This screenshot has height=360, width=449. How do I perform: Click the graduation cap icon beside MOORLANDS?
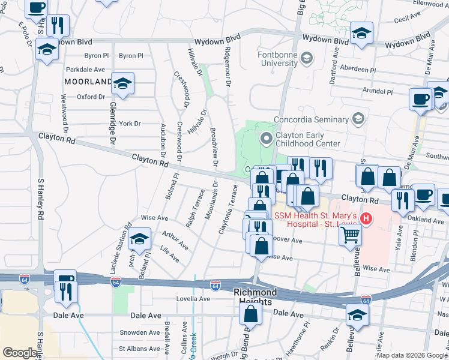pyautogui.click(x=122, y=83)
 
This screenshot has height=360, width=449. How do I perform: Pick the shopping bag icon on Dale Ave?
pyautogui.click(x=251, y=313)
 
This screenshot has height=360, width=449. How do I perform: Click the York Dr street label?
pyautogui.click(x=130, y=124)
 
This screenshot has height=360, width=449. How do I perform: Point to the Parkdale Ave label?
pyautogui.click(x=85, y=70)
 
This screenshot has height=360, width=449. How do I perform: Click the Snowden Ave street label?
pyautogui.click(x=139, y=332)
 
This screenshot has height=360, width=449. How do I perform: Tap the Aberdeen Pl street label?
pyautogui.click(x=358, y=70)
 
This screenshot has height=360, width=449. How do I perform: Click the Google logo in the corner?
pyautogui.click(x=19, y=353)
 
